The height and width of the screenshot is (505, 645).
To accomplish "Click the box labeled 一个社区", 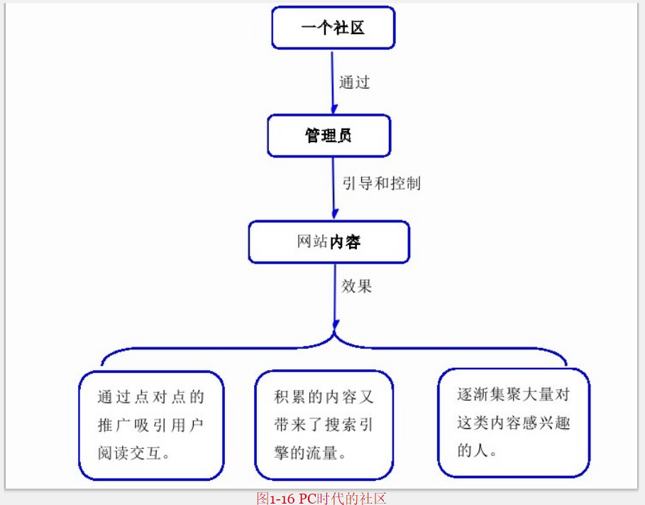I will click(333, 28).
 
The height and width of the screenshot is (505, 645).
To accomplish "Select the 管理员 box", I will click(329, 135).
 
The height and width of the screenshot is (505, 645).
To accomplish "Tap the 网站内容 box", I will click(329, 242).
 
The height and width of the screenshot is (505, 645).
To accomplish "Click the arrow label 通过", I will click(354, 82).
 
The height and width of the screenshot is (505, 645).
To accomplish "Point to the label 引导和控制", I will click(382, 183).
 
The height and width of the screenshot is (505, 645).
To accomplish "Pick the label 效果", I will click(356, 286).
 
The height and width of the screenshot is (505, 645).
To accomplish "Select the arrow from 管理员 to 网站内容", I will click(333, 188).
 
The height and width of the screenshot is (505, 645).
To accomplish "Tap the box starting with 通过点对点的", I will click(150, 425).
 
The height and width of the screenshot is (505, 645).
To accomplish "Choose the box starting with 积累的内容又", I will click(324, 425).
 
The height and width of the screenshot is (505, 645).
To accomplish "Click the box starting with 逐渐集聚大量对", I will click(513, 422).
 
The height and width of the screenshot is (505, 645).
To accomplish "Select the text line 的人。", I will click(477, 450).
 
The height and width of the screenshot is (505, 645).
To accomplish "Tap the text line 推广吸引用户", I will click(150, 425).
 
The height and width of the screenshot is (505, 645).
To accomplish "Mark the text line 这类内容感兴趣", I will click(513, 423).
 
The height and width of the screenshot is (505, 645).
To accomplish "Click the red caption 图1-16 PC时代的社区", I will click(321, 498).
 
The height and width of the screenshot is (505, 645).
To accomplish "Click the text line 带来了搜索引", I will click(324, 425).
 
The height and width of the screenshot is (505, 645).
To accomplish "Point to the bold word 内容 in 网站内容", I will click(345, 242).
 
